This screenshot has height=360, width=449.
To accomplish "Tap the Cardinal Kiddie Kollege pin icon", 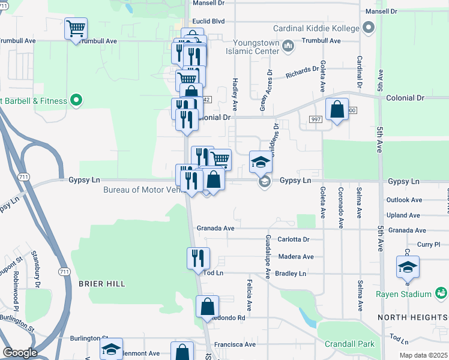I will pos(369,28).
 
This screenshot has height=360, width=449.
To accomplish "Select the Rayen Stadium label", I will pos(403,294).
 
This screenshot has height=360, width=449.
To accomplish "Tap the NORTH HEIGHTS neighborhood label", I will pos(412,316).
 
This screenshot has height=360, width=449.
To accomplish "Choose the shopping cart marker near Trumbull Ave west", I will pos(76,28).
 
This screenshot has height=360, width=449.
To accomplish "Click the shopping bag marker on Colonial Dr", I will pos(337,110).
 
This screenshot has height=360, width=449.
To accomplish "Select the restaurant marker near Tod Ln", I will pos(198,259).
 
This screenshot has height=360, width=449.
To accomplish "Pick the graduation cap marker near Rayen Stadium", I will pos(408,266).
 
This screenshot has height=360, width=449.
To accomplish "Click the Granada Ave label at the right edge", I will pos(407,230).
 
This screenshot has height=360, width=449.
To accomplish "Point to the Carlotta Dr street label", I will pos(294,239).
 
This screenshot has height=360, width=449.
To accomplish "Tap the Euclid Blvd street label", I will pos(208,21).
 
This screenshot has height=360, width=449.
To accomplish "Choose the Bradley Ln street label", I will pos(291,274).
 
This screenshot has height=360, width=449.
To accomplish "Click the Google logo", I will pos(20,353).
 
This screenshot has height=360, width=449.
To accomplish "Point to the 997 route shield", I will pos(316,120).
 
